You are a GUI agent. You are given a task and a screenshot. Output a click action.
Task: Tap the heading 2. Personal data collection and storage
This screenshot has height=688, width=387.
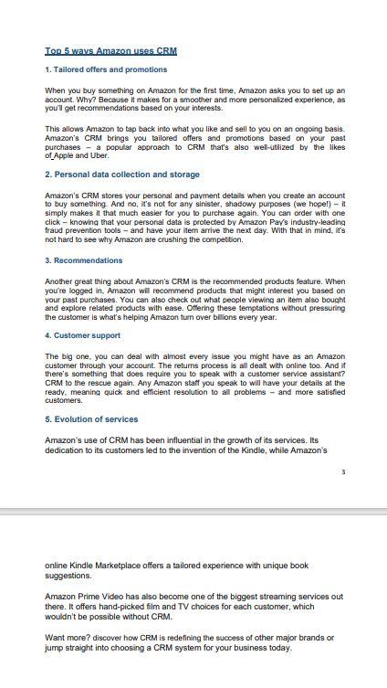pos(121,174)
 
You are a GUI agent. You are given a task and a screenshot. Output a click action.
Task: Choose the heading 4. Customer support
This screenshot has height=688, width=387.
pos(95,334)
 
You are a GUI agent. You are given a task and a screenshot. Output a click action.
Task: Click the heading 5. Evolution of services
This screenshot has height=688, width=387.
pos(104,419)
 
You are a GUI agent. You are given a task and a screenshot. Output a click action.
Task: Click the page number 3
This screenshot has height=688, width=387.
pos(343,472)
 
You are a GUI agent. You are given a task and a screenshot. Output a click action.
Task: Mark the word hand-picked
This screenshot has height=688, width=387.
pos(121,606)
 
